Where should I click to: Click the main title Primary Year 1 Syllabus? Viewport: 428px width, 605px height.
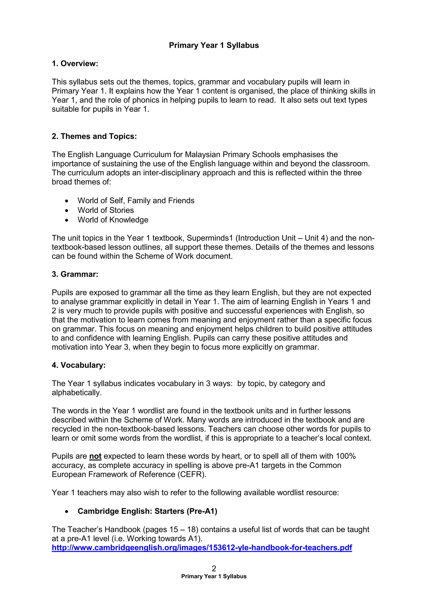pyautogui.click(x=214, y=45)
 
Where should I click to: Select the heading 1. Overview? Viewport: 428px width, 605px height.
pyautogui.click(x=75, y=64)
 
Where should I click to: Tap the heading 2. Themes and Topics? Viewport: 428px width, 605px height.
pyautogui.click(x=94, y=136)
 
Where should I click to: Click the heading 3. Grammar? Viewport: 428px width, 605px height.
pyautogui.click(x=75, y=274)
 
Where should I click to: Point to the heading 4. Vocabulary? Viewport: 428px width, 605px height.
pyautogui.click(x=79, y=365)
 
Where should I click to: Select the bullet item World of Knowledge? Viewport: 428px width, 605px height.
pyautogui.click(x=113, y=220)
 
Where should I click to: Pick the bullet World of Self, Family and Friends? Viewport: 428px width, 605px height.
pyautogui.click(x=136, y=201)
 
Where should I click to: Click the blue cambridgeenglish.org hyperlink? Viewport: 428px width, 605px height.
pyautogui.click(x=202, y=548)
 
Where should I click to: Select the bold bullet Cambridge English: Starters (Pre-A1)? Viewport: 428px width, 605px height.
pyautogui.click(x=147, y=511)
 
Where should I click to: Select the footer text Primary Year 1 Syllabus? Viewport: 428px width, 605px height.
pyautogui.click(x=214, y=577)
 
